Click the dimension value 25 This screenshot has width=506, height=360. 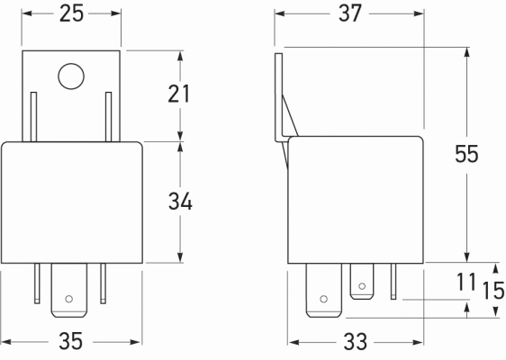click(72, 13)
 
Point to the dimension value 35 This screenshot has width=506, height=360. click(72, 343)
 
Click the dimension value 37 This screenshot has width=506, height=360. click(349, 13)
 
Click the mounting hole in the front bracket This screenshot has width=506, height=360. click(70, 77)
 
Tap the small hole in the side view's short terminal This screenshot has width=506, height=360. click(362, 287)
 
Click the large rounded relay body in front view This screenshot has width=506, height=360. click(72, 202)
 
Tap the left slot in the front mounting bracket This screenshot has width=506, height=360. click(34, 117)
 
